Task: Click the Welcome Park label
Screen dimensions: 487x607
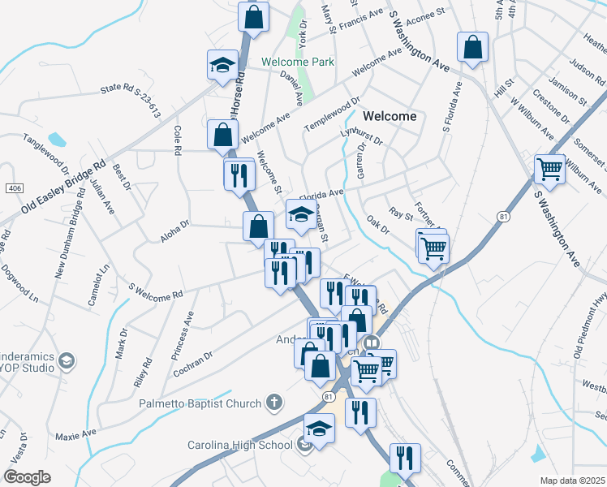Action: [x=297, y=62]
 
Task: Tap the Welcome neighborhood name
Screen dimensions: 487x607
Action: [x=390, y=116]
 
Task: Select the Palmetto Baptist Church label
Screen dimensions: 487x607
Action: [x=200, y=403]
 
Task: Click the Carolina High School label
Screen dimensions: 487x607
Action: [x=240, y=445]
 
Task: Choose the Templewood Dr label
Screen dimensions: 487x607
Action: [x=332, y=115]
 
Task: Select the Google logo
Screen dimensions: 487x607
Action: [x=27, y=477]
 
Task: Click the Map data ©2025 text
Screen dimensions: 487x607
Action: [x=572, y=481]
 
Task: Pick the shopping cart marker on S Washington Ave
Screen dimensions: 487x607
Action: [x=549, y=169]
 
